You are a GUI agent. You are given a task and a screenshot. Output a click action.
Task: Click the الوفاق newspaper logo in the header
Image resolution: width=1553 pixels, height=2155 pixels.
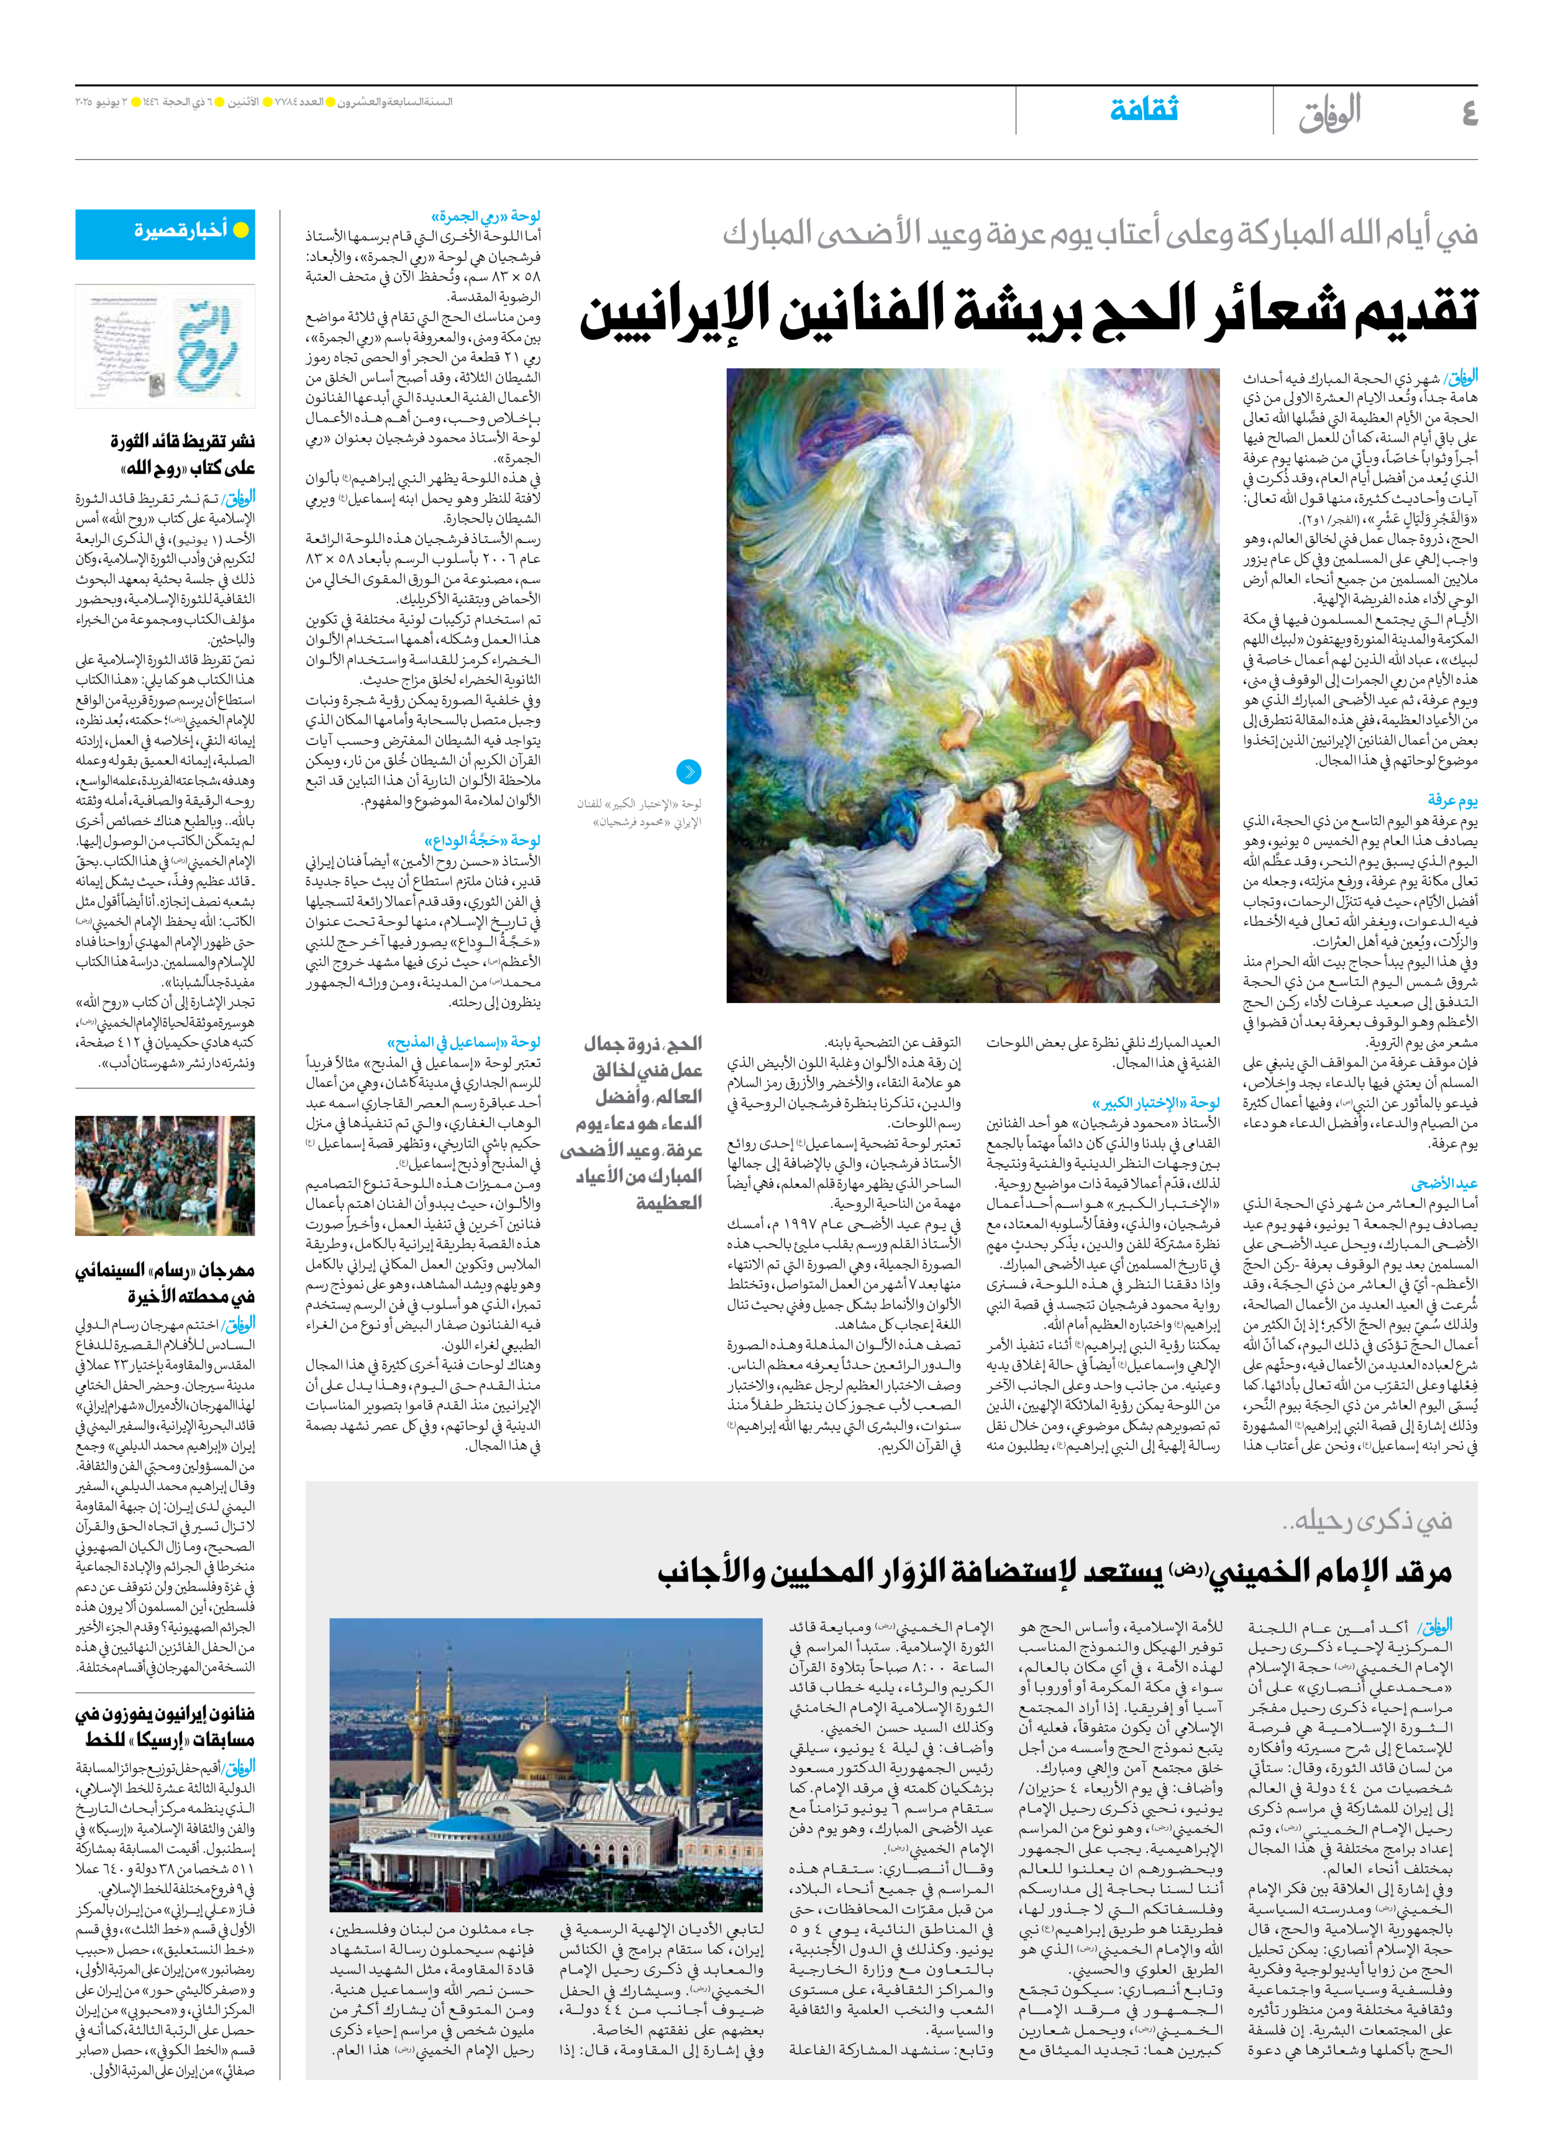pos(1330,112)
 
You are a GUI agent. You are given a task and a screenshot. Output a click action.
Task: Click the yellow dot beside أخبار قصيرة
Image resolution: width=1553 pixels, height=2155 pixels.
pos(241,229)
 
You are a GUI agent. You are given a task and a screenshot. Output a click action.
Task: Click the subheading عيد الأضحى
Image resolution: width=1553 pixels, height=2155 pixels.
pos(1444,1183)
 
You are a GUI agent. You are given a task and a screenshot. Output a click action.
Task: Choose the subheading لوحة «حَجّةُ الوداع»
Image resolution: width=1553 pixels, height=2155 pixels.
pos(483,840)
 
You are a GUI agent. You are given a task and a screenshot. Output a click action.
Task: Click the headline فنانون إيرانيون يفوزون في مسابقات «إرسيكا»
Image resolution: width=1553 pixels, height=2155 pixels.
pos(165,1726)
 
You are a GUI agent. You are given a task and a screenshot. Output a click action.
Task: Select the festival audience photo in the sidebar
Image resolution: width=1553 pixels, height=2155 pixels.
pos(165,1175)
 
